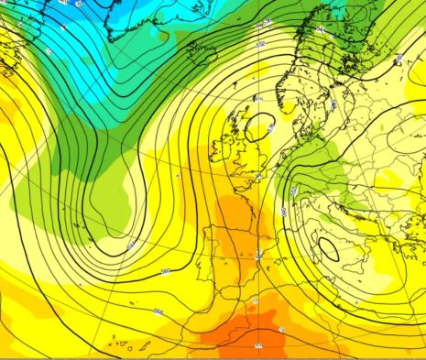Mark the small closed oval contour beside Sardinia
coord(327,248)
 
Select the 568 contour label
coord(158,311)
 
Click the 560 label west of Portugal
coord(166,271)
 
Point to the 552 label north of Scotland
coord(260,43)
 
